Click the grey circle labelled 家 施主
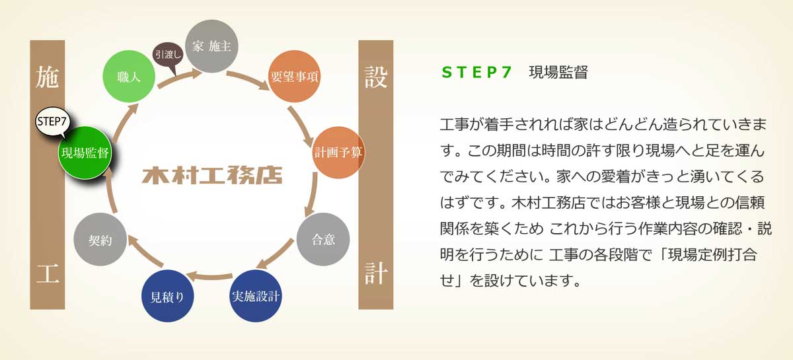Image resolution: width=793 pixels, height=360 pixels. click(211, 46)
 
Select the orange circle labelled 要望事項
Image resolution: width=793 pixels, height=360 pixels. click(295, 76)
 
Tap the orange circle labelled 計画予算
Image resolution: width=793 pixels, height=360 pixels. click(338, 152)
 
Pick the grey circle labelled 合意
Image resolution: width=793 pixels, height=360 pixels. click(323, 239)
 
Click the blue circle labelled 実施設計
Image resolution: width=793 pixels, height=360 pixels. click(256, 296)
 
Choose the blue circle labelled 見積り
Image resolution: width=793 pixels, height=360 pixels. click(167, 296)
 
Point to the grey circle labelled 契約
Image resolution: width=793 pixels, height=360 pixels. click(100, 239)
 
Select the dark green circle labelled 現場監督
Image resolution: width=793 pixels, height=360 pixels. click(85, 153)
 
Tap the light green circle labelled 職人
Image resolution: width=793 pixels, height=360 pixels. click(129, 76)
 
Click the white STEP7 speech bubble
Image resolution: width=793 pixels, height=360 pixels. click(52, 122)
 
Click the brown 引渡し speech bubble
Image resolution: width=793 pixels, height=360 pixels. click(168, 55)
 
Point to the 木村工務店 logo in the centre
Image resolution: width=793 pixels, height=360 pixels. click(212, 175)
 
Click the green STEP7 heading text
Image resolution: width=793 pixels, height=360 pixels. click(476, 72)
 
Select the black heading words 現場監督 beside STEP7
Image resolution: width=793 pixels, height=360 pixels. click(558, 72)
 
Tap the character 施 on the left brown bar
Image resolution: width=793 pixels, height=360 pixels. click(47, 77)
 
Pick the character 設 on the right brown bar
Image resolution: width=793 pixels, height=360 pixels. click(376, 77)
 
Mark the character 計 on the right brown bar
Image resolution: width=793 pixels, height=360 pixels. click(375, 273)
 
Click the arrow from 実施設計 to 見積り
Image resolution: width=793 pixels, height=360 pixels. click(209, 275)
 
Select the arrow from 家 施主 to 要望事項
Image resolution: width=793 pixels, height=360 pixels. click(248, 80)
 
